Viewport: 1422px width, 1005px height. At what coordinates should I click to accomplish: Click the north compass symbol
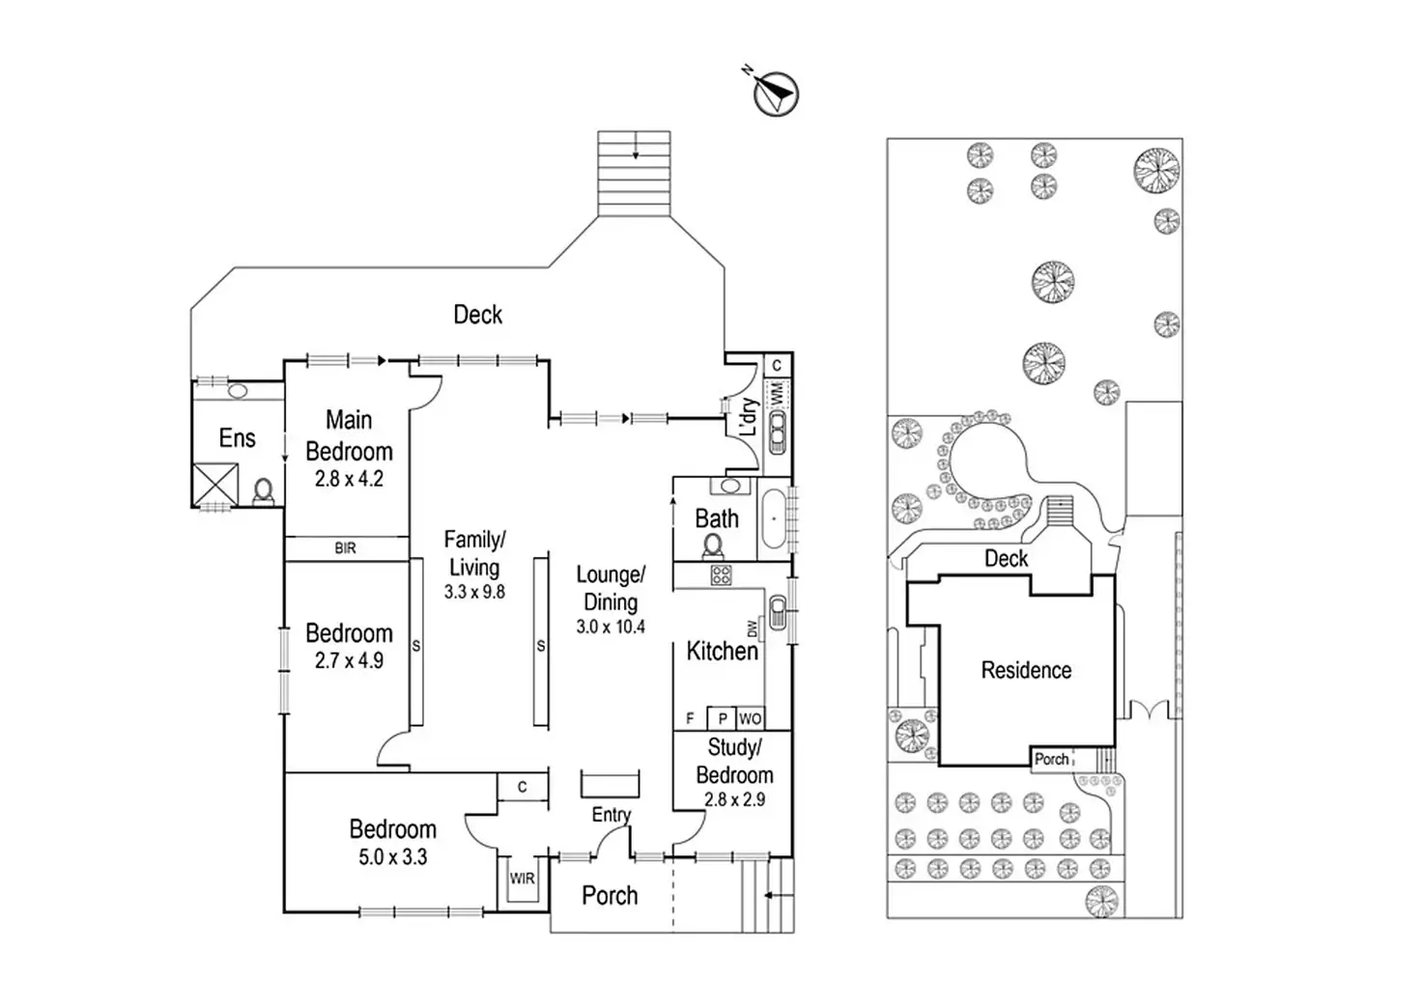click(775, 94)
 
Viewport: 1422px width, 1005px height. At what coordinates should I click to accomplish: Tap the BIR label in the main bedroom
click(345, 548)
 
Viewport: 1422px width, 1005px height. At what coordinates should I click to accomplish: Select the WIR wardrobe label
click(522, 879)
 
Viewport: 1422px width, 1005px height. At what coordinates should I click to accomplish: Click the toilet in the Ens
click(263, 491)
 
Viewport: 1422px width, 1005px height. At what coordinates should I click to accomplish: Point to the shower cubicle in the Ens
click(215, 485)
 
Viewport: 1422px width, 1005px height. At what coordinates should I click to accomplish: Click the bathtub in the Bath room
click(773, 519)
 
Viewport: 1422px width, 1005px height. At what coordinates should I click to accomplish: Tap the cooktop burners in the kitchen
click(722, 574)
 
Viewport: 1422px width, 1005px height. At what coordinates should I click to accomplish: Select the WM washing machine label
click(777, 394)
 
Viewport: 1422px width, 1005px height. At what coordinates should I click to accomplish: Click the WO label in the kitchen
click(751, 719)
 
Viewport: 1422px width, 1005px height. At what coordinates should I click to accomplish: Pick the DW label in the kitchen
click(753, 628)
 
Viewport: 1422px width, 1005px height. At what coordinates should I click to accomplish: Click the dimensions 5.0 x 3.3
click(393, 857)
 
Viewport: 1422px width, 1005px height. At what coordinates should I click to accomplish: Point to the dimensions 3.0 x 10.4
click(611, 627)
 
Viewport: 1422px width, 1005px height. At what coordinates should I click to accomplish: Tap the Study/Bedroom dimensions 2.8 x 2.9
click(734, 799)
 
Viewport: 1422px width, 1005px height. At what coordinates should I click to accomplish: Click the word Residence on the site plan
click(1026, 670)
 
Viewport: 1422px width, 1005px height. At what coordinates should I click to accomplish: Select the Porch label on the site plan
click(1051, 760)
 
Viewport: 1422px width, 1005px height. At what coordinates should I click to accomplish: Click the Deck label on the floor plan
click(477, 315)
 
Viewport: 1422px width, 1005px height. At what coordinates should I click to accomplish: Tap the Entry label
click(611, 815)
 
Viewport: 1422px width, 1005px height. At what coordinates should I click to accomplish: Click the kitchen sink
click(778, 612)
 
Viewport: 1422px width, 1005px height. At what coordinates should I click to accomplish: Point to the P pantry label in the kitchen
click(723, 719)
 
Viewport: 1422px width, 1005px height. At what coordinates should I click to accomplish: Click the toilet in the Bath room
click(713, 546)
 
